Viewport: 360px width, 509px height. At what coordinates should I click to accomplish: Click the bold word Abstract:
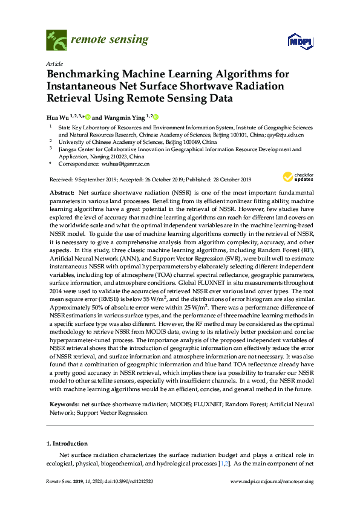click(x=62, y=192)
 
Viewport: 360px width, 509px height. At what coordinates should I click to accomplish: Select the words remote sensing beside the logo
click(x=110, y=40)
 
